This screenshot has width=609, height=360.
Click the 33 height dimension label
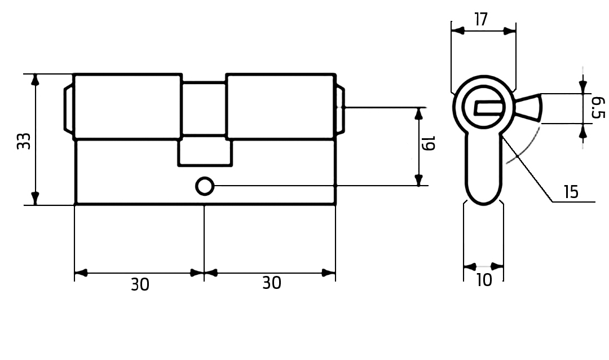(x=23, y=141)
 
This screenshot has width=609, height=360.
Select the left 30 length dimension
(x=140, y=284)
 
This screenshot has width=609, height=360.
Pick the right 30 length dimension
(x=271, y=283)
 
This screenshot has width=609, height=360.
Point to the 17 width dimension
(x=480, y=20)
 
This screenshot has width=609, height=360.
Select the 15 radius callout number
(x=571, y=192)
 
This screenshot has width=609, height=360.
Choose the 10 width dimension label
(x=484, y=280)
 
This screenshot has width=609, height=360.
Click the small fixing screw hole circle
(x=205, y=186)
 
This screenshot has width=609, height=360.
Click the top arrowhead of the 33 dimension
(x=36, y=80)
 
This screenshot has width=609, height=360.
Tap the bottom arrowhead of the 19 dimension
(x=418, y=180)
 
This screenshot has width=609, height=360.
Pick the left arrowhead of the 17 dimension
(x=457, y=31)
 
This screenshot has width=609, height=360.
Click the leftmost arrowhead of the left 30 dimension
(x=81, y=273)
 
